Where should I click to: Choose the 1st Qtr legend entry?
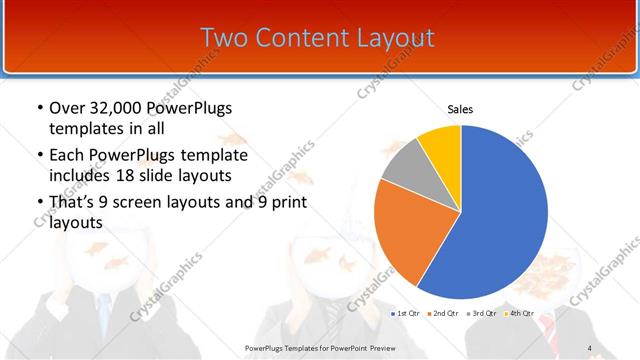pyautogui.click(x=403, y=315)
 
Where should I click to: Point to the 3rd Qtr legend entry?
pyautogui.click(x=481, y=315)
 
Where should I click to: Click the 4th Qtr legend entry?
pyautogui.click(x=519, y=315)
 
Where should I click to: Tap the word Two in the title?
pyautogui.click(x=224, y=38)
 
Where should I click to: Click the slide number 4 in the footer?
pyautogui.click(x=589, y=348)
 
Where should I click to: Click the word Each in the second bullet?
pyautogui.click(x=68, y=156)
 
